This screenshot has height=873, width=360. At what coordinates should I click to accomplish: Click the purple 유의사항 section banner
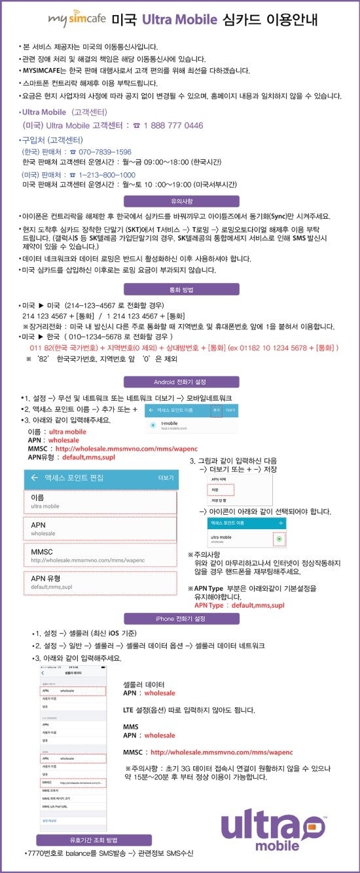click(x=179, y=202)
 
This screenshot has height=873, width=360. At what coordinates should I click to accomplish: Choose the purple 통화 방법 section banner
click(x=179, y=289)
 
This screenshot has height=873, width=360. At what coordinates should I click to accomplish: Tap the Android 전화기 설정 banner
click(x=179, y=382)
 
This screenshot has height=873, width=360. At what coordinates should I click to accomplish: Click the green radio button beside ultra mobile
click(x=280, y=538)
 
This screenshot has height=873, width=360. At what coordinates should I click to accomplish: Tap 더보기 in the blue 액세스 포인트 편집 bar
click(x=166, y=478)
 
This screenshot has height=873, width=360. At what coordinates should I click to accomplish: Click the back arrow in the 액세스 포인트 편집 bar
click(x=34, y=478)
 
